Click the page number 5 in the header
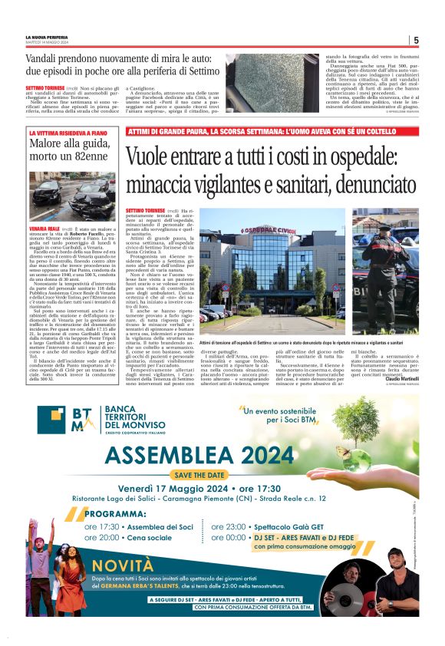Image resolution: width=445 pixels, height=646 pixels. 416,40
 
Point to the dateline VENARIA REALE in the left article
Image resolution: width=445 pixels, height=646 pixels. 44,229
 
